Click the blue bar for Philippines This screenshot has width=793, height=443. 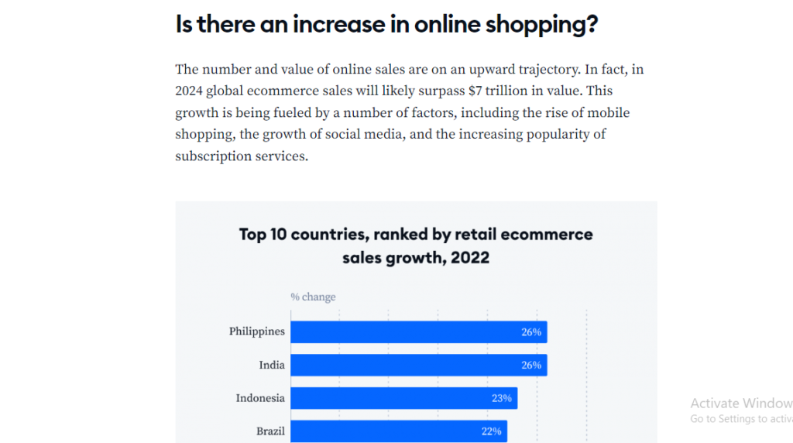(418, 332)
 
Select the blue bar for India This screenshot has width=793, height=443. (418, 366)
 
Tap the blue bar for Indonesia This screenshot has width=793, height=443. (403, 398)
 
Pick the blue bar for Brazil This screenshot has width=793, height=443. (398, 431)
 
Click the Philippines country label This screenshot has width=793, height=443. (256, 331)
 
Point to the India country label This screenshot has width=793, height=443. (272, 365)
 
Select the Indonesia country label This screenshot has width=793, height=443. (260, 398)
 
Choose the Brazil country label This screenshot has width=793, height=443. (270, 431)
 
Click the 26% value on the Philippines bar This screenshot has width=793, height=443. (531, 333)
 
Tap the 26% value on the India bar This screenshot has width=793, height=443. (531, 366)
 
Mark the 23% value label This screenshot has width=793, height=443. (502, 398)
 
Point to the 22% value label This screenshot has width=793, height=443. (491, 431)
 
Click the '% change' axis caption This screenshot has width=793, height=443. (313, 297)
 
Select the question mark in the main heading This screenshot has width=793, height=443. (592, 25)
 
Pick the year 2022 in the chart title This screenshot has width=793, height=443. (467, 257)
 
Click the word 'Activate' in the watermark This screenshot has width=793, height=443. (713, 403)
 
